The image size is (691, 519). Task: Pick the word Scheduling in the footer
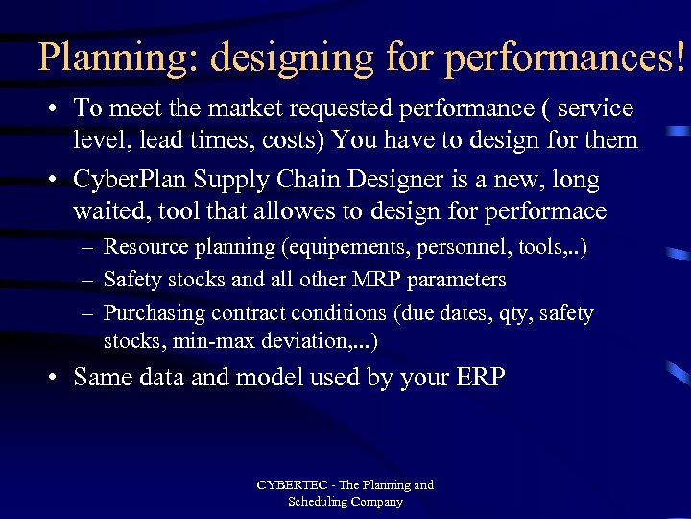(x=318, y=502)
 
